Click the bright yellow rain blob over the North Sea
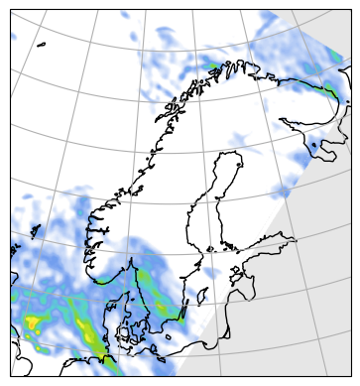pos(31,322)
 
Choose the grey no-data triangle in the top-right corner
pos(342,20)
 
